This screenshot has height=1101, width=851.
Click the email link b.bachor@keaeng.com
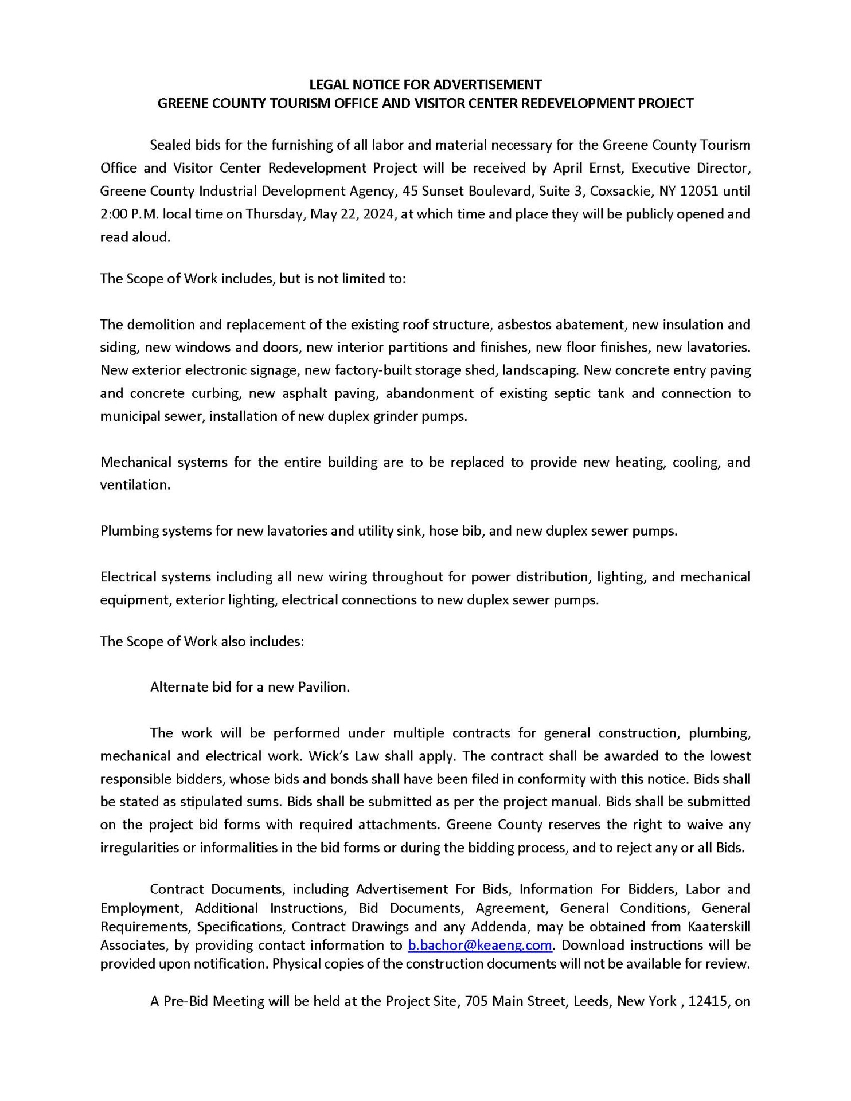pos(479,944)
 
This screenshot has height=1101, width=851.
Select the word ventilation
pos(135,485)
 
